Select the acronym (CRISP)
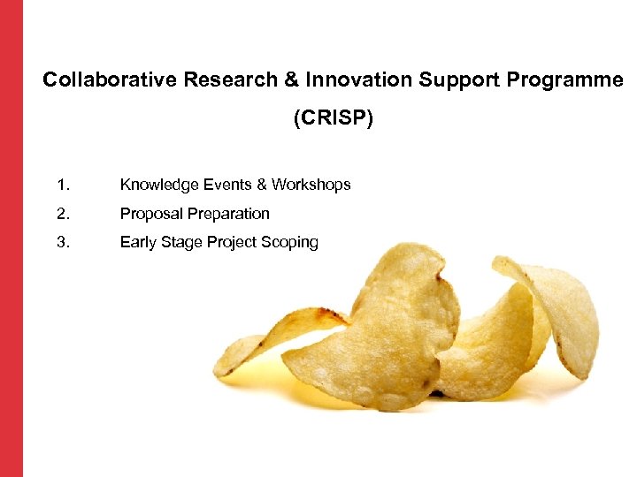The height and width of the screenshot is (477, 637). (x=334, y=118)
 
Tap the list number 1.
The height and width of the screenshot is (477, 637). (x=62, y=185)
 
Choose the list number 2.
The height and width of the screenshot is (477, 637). (x=62, y=214)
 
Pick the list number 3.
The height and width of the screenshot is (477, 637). (x=62, y=242)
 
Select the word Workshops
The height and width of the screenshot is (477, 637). (x=311, y=185)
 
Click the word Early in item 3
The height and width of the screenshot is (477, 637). (x=137, y=242)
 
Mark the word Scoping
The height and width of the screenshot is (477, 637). (x=289, y=242)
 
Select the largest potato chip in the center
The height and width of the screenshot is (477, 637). (x=380, y=336)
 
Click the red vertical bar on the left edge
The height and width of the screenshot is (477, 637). (x=11, y=238)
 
